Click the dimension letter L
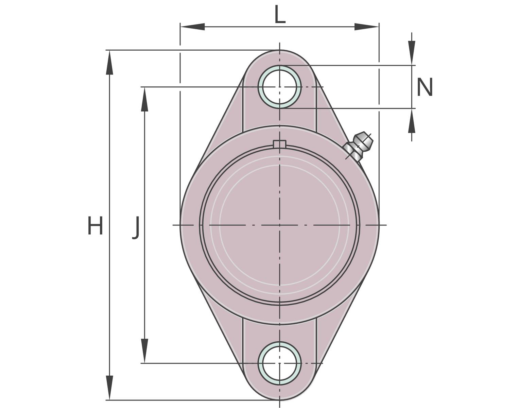point(280,14)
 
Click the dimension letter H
point(95,225)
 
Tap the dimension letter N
point(425,87)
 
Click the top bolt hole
point(279,87)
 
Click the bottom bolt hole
point(279,363)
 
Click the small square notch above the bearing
point(279,143)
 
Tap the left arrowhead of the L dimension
point(192,27)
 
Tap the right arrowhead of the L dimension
point(367,27)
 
